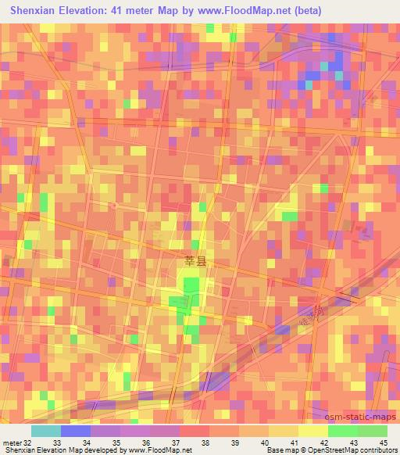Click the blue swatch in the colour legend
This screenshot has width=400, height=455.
click(x=75, y=431)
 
